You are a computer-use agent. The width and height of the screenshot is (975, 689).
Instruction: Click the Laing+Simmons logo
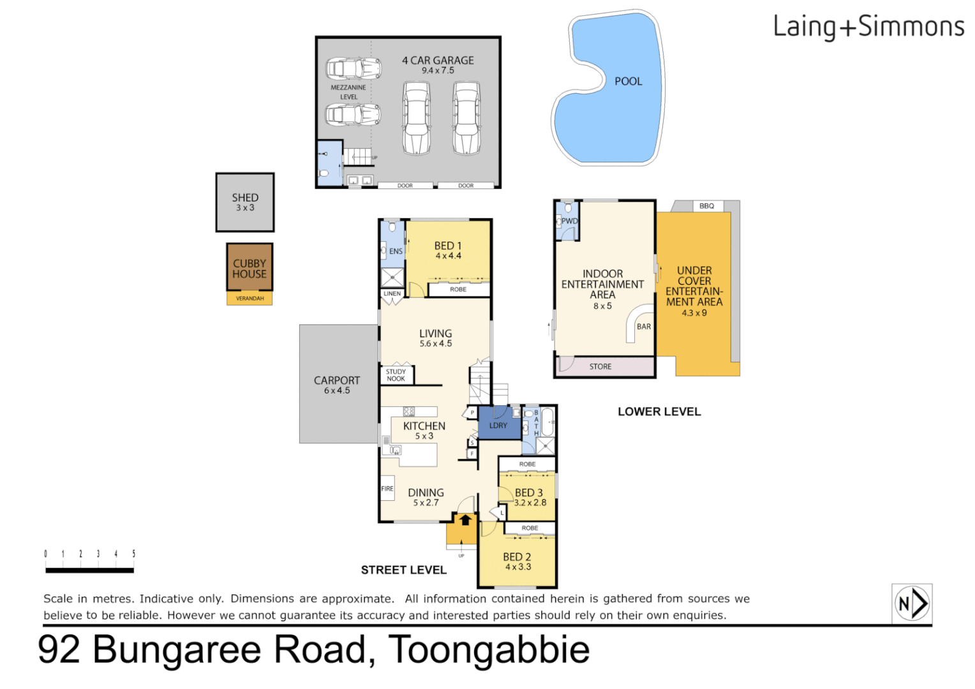[x=868, y=27]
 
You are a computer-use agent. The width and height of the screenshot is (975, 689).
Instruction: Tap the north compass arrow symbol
[x=912, y=603]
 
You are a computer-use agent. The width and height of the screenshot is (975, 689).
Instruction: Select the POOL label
[x=628, y=82]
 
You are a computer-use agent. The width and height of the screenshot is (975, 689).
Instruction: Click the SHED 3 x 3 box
[x=245, y=202]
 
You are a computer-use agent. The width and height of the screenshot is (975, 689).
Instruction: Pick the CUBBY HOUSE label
[x=249, y=269]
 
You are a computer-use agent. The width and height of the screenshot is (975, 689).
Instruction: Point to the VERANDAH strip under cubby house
[x=249, y=299]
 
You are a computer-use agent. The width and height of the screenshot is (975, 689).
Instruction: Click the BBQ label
[x=706, y=206]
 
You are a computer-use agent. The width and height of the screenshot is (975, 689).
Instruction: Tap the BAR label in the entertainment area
[x=644, y=327]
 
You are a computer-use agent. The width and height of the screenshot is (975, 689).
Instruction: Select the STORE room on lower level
[x=600, y=367]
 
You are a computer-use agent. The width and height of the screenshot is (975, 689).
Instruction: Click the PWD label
[x=569, y=221]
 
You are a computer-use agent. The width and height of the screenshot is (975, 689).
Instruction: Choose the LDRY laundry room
[x=498, y=425]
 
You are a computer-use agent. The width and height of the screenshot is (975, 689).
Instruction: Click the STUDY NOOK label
[x=396, y=375]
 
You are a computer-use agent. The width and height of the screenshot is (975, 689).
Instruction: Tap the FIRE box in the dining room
[x=387, y=489]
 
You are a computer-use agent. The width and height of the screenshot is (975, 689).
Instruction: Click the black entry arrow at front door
[x=465, y=520]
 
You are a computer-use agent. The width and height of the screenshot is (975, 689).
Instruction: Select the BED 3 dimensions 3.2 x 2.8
[x=530, y=503]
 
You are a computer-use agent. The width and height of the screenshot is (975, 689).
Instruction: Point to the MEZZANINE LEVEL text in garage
[x=348, y=93]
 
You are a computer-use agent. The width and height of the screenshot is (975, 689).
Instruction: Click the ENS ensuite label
[x=396, y=251]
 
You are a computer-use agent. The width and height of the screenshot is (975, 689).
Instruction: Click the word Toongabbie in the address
[x=489, y=649]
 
